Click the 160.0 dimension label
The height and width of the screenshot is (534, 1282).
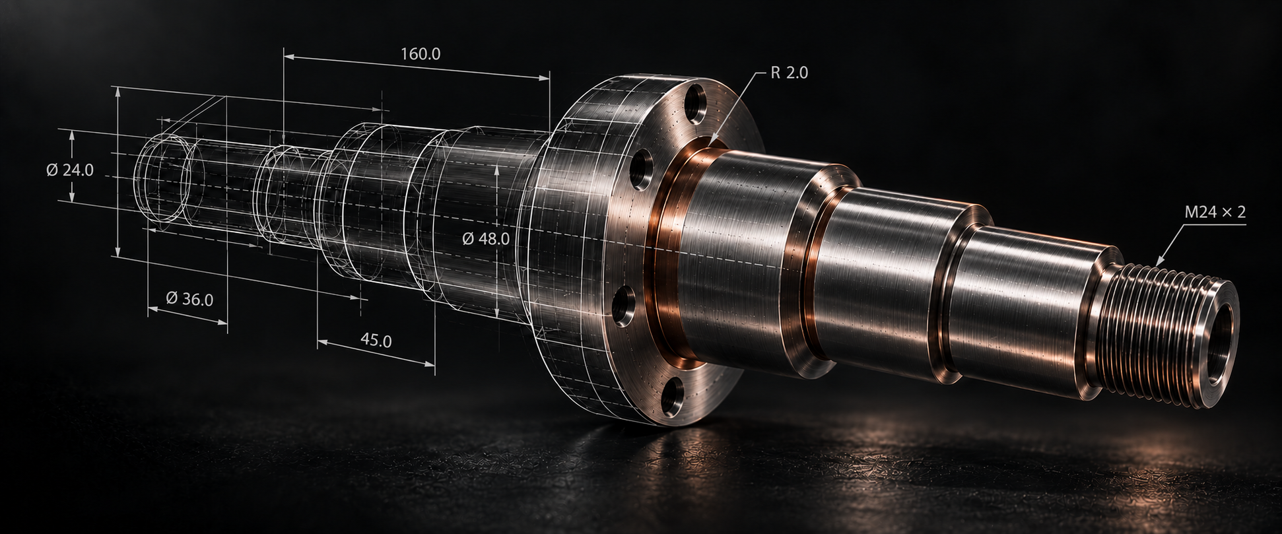421,54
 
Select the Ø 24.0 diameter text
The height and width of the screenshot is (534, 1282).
70,170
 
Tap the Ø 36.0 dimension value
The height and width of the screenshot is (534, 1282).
189,299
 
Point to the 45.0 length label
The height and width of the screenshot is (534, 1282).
376,341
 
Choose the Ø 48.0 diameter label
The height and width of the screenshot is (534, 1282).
486,238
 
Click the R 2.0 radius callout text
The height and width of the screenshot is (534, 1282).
789,73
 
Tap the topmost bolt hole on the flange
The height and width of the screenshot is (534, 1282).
695,104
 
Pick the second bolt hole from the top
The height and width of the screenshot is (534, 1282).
641,170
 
